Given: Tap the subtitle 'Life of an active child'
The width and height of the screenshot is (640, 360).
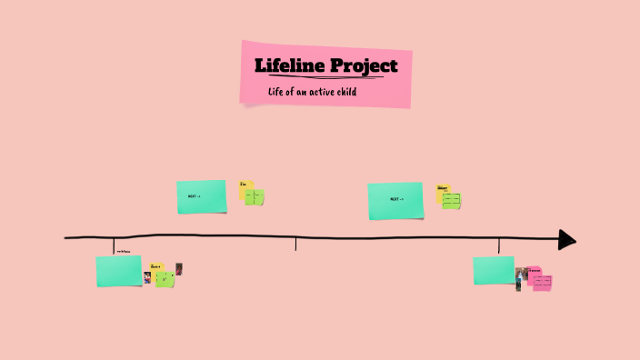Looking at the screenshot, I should [x=311, y=93].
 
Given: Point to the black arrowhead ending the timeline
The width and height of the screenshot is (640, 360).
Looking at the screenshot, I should [x=566, y=239].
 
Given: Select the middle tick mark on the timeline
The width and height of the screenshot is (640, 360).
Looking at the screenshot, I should [x=295, y=243].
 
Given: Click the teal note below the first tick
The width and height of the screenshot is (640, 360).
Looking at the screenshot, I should [x=119, y=271].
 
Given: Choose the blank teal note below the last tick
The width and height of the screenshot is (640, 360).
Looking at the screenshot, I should [x=494, y=270].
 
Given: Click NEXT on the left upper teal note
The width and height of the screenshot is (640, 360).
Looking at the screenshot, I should [x=194, y=196].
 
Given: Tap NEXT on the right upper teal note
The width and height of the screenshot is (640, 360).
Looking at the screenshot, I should [x=395, y=199].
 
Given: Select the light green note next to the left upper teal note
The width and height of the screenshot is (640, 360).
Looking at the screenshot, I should [x=255, y=197].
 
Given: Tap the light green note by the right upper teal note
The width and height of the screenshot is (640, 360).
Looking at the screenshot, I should [x=452, y=200].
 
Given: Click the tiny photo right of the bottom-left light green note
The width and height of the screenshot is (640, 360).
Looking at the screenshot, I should [x=179, y=268].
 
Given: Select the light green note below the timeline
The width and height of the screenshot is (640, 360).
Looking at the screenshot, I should [x=165, y=280].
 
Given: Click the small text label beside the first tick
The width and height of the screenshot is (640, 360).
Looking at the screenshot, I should [x=123, y=252].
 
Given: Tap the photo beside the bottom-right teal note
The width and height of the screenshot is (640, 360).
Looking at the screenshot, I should [x=521, y=276].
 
